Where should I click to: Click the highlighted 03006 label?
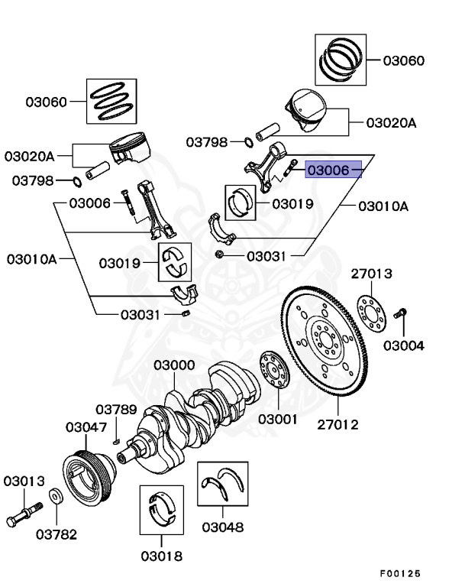333,170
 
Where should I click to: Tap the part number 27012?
337,424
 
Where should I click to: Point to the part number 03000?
174,366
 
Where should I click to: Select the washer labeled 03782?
57,498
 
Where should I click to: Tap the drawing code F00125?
400,573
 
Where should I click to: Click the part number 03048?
223,527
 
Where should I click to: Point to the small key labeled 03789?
115,439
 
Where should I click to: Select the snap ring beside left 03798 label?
76,181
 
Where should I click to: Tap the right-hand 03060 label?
404,60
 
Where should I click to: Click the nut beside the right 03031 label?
220,255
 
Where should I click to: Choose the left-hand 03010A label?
32,258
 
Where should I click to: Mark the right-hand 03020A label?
391,122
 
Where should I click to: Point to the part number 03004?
403,345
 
